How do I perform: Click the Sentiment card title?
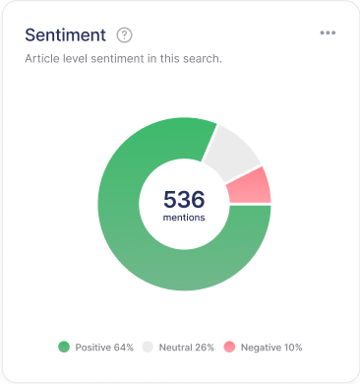pyautogui.click(x=65, y=34)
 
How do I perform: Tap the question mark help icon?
pyautogui.click(x=124, y=34)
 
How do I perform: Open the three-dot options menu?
pyautogui.click(x=328, y=33)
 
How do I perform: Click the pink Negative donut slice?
pyautogui.click(x=252, y=186)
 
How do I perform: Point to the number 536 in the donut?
pyautogui.click(x=184, y=199)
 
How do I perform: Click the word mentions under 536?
pyautogui.click(x=184, y=218)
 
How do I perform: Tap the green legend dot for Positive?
pyautogui.click(x=64, y=347)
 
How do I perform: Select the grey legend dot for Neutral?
pyautogui.click(x=149, y=347)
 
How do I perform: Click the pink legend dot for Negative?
pyautogui.click(x=229, y=347)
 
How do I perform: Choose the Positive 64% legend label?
pyautogui.click(x=102, y=347)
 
